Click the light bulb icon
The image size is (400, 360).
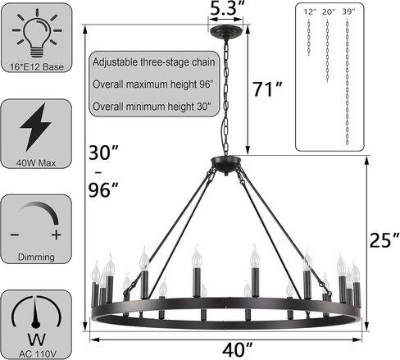coord(37,34)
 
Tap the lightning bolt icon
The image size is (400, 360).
coord(35,127)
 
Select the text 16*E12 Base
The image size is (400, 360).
coord(37,67)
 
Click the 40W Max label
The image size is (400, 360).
coord(36,163)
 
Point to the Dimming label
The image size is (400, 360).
coord(36,257)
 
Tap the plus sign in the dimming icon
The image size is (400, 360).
coord(56,235)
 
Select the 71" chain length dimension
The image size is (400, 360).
coord(266,89)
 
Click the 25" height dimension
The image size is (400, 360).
coord(384,240)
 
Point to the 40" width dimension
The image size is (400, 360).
coord(237,349)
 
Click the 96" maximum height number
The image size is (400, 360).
coord(103,190)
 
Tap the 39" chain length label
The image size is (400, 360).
coord(348,11)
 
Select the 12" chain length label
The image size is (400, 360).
coord(310,11)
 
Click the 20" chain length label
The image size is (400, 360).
coord(329,11)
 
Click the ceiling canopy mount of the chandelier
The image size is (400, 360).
coord(225,30)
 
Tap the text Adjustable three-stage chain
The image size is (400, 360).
coord(154,62)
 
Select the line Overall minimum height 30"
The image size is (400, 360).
coord(152,107)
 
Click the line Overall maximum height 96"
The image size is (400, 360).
coord(152,84)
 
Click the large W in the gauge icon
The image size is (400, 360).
coord(36,339)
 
